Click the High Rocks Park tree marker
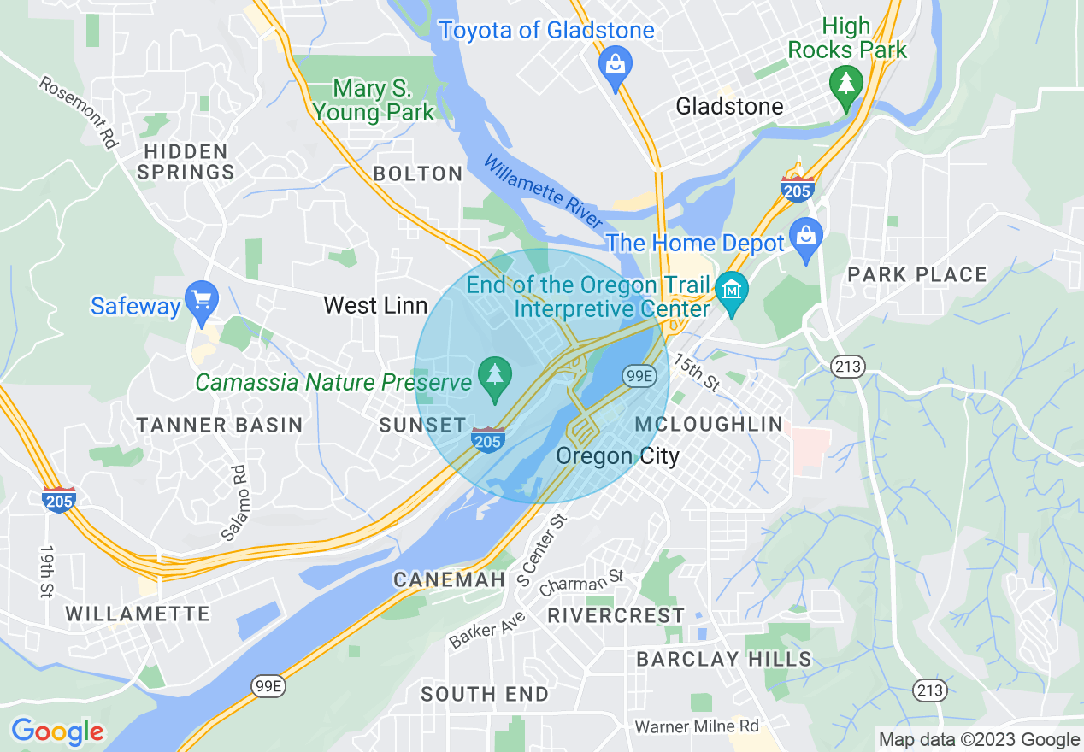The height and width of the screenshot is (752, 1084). [x=845, y=85]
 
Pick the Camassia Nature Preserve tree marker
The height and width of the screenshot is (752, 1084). [x=494, y=377]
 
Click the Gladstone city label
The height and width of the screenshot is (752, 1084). [x=728, y=107]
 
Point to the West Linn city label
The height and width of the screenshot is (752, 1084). [x=375, y=305]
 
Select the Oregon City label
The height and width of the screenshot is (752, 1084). [x=617, y=456]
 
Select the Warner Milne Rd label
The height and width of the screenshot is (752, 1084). [x=697, y=726]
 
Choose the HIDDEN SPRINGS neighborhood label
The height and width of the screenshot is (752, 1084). [x=186, y=162]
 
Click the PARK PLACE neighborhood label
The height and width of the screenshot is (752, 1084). [x=916, y=275]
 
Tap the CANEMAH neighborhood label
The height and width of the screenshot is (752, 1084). [x=449, y=580]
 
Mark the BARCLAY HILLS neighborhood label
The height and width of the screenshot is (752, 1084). [x=724, y=659]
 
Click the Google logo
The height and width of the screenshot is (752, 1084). [x=57, y=731]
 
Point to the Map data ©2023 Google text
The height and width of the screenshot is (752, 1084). [x=979, y=740]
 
